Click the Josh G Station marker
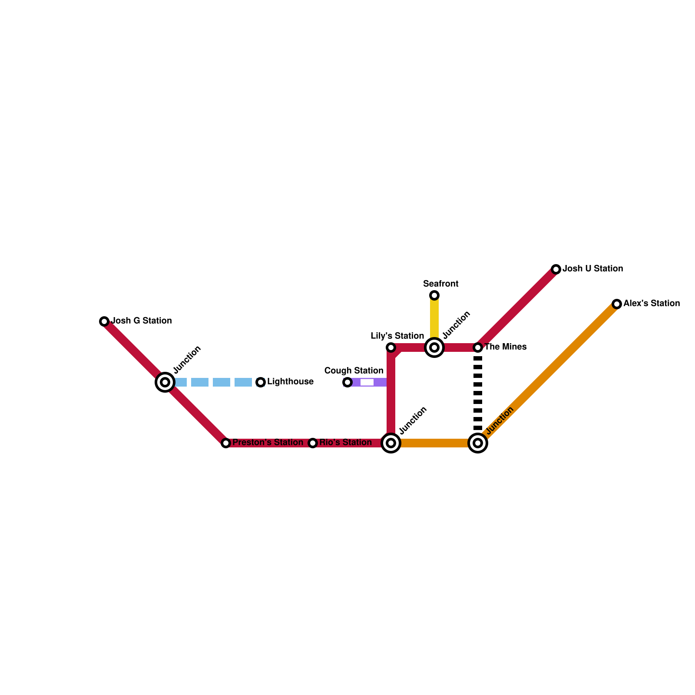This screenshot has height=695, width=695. coord(104,321)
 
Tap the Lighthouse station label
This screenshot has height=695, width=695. coord(290,382)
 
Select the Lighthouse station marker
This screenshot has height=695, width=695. coord(261,382)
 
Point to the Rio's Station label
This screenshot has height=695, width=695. coord(346,443)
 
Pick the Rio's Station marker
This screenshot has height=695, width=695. coord(313,443)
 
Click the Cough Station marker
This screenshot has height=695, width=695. coord(347,382)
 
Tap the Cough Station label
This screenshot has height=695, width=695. coord(354,371)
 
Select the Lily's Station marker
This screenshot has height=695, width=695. coord(391,347)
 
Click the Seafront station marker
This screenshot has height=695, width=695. coord(434,295)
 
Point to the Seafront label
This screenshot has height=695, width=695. coord(440,284)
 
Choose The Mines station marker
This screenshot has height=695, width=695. coord(478,347)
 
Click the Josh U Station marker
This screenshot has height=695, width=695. coord(556,269)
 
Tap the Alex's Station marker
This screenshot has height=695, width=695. coord(617,304)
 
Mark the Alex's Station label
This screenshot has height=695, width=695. coord(652,304)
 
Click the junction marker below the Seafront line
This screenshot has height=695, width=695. coord(434,347)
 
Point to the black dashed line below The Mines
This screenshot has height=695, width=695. coord(478,393)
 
